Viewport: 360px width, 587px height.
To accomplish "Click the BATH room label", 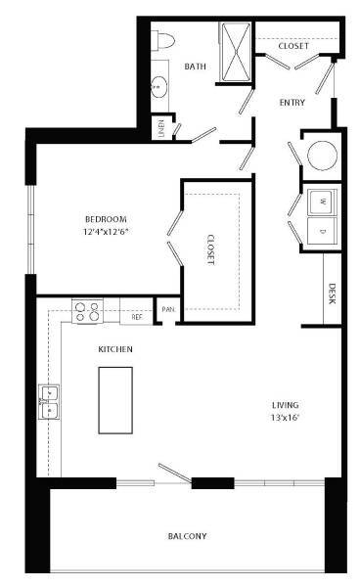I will coord(195,67).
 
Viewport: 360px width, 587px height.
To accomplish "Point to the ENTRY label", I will coord(292,103).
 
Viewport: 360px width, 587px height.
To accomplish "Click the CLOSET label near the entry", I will coord(293,46).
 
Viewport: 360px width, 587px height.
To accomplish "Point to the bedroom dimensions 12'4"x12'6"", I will coord(106,232).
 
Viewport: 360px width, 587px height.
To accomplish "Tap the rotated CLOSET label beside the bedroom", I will coord(210,250).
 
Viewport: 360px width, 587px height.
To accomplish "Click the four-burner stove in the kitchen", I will coord(87,311).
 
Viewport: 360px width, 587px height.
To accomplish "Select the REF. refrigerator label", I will coord(136,316).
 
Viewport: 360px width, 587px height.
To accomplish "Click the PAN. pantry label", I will coord(168,309).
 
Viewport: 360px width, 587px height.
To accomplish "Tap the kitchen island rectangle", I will coord(115,399).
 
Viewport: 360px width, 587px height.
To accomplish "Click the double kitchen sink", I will coord(49,401).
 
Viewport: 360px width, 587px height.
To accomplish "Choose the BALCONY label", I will coord(185,536).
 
